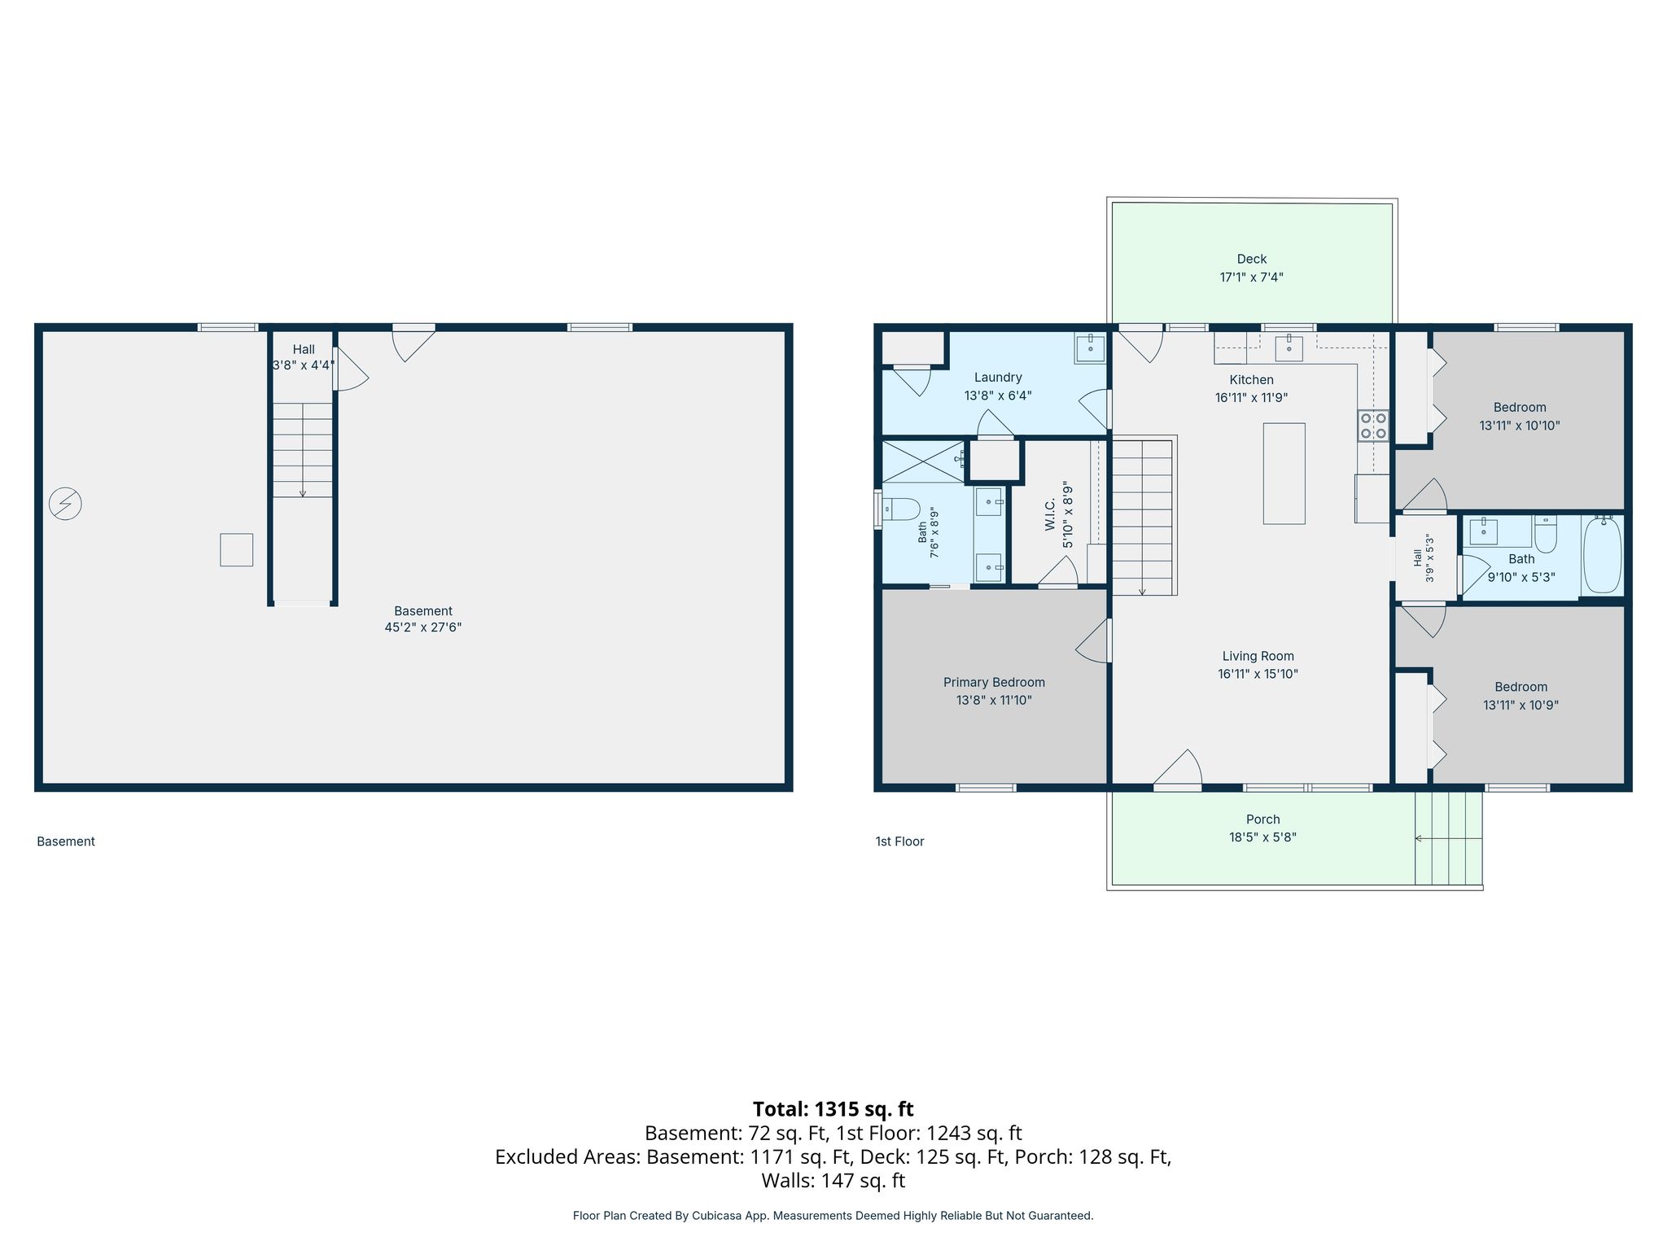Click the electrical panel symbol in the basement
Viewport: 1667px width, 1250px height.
click(x=65, y=504)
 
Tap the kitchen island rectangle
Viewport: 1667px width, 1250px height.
click(x=1284, y=474)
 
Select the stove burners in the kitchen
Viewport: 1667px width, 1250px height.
click(x=1373, y=426)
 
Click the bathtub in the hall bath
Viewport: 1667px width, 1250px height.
click(x=1603, y=556)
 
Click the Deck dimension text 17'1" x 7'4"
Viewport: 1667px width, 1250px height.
click(x=1251, y=278)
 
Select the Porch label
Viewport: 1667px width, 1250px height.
click(x=1262, y=819)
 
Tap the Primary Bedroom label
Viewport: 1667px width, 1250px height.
click(x=994, y=683)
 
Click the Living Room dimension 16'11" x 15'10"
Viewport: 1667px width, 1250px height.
click(x=1258, y=674)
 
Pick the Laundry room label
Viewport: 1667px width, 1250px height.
click(x=998, y=378)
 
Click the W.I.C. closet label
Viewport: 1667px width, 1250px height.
click(x=1050, y=516)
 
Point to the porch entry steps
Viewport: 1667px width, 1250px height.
click(x=1448, y=838)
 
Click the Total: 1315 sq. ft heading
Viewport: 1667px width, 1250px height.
click(x=833, y=1109)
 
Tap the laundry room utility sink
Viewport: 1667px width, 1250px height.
click(x=1090, y=348)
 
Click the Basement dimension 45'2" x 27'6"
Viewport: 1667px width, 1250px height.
click(x=423, y=627)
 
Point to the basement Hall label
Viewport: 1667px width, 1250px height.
click(x=304, y=349)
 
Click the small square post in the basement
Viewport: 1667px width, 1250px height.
click(x=237, y=550)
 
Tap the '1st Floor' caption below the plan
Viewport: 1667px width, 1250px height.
click(x=899, y=841)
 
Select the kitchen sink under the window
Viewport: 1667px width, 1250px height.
click(x=1289, y=347)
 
